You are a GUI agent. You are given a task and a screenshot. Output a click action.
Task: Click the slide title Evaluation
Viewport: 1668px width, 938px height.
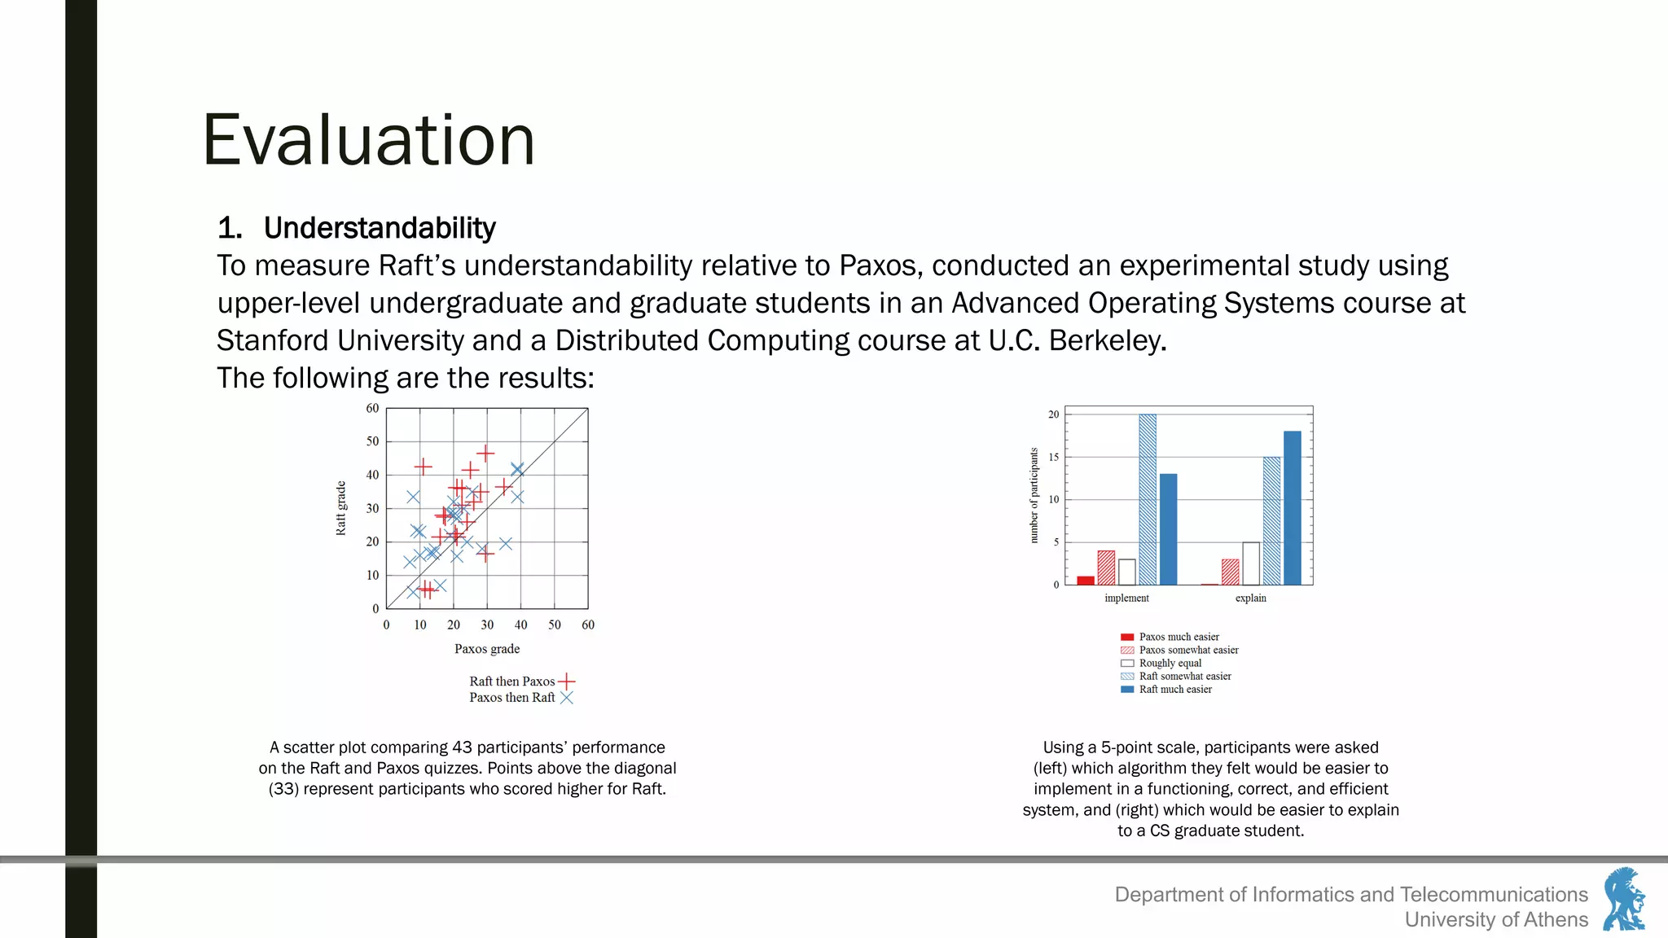coord(368,140)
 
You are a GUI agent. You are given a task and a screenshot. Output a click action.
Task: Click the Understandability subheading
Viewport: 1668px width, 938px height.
coord(379,228)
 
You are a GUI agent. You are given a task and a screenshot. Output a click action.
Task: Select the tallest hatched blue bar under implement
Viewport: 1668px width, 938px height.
coord(1147,498)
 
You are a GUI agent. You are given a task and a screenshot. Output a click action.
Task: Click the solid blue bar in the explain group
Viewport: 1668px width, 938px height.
coord(1292,507)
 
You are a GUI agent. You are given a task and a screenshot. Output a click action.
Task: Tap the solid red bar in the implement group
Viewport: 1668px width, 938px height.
coord(1085,580)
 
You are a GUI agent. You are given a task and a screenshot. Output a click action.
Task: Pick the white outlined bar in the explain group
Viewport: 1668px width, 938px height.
coord(1251,563)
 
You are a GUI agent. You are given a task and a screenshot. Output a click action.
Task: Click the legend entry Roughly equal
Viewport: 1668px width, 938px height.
coord(1170,663)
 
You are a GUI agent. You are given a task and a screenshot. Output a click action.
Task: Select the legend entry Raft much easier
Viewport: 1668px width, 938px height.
coord(1174,689)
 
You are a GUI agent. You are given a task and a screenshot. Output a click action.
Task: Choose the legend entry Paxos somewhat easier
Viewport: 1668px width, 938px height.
coord(1187,650)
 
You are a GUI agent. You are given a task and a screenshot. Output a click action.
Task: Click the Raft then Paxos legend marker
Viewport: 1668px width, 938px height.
coord(567,681)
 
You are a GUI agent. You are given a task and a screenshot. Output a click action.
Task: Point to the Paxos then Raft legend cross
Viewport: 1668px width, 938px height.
coord(567,698)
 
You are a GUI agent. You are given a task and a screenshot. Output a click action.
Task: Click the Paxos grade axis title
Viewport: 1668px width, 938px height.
coord(487,649)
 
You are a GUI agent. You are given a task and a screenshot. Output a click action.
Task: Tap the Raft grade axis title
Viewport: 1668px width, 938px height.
coord(341,508)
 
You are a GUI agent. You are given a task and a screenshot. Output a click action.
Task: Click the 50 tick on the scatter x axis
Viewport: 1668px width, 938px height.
coord(555,625)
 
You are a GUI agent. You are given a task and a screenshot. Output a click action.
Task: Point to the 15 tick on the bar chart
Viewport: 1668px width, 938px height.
coord(1053,457)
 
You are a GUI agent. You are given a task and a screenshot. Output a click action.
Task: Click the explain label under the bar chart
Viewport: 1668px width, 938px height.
coord(1250,598)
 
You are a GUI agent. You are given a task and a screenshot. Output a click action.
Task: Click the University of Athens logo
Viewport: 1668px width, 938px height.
coord(1624,899)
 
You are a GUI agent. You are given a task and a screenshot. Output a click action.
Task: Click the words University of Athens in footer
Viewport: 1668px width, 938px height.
coord(1496,919)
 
